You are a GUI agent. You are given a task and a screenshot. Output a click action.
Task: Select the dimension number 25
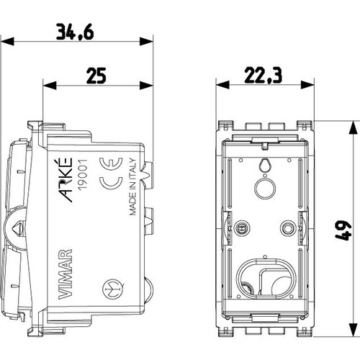(x=97, y=74)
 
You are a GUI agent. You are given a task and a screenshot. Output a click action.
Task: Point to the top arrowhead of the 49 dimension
(x=352, y=125)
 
